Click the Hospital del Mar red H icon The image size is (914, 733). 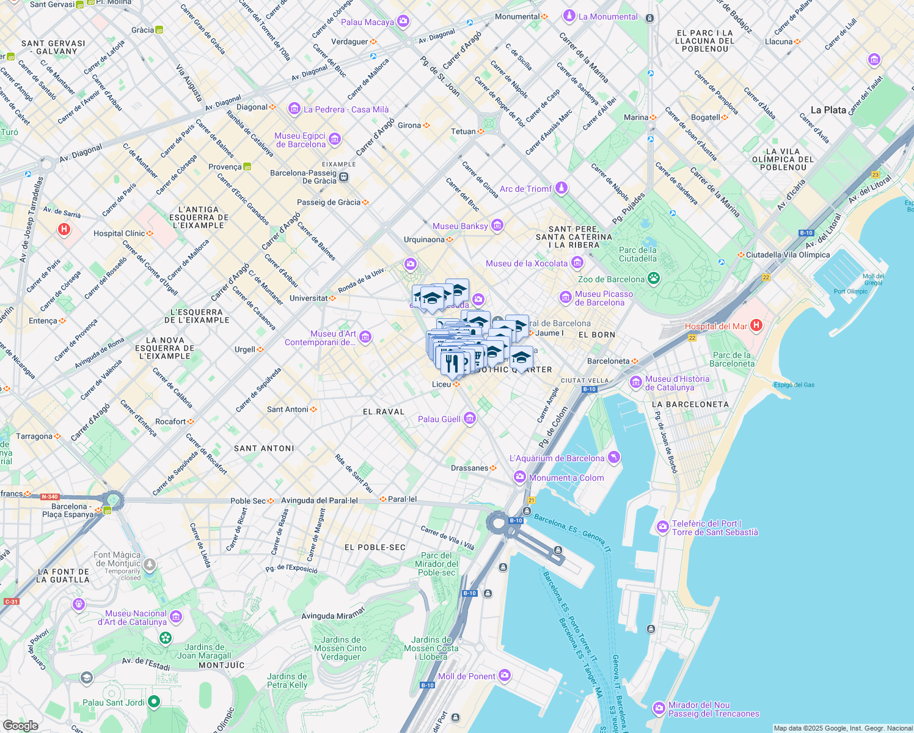(756, 325)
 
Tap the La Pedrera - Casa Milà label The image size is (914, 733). (346, 109)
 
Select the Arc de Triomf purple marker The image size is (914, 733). (561, 188)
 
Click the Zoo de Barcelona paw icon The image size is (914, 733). (654, 279)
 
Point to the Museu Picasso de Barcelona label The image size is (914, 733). (604, 298)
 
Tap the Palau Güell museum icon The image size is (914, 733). (470, 418)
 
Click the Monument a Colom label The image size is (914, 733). (566, 478)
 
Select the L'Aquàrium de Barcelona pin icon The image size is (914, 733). (614, 458)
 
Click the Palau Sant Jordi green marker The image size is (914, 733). (154, 702)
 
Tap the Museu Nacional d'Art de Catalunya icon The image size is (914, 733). (176, 617)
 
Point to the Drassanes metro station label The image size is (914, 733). (469, 468)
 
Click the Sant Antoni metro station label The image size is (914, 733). (288, 409)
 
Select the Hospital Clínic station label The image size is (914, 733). (119, 233)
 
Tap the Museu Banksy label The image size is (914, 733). (460, 226)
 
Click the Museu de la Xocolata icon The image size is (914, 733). (577, 263)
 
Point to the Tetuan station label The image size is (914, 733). (463, 131)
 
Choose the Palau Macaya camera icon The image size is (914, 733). (403, 22)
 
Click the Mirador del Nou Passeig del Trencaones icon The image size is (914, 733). (659, 708)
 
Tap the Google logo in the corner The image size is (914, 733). (20, 725)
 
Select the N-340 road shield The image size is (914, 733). (49, 497)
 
